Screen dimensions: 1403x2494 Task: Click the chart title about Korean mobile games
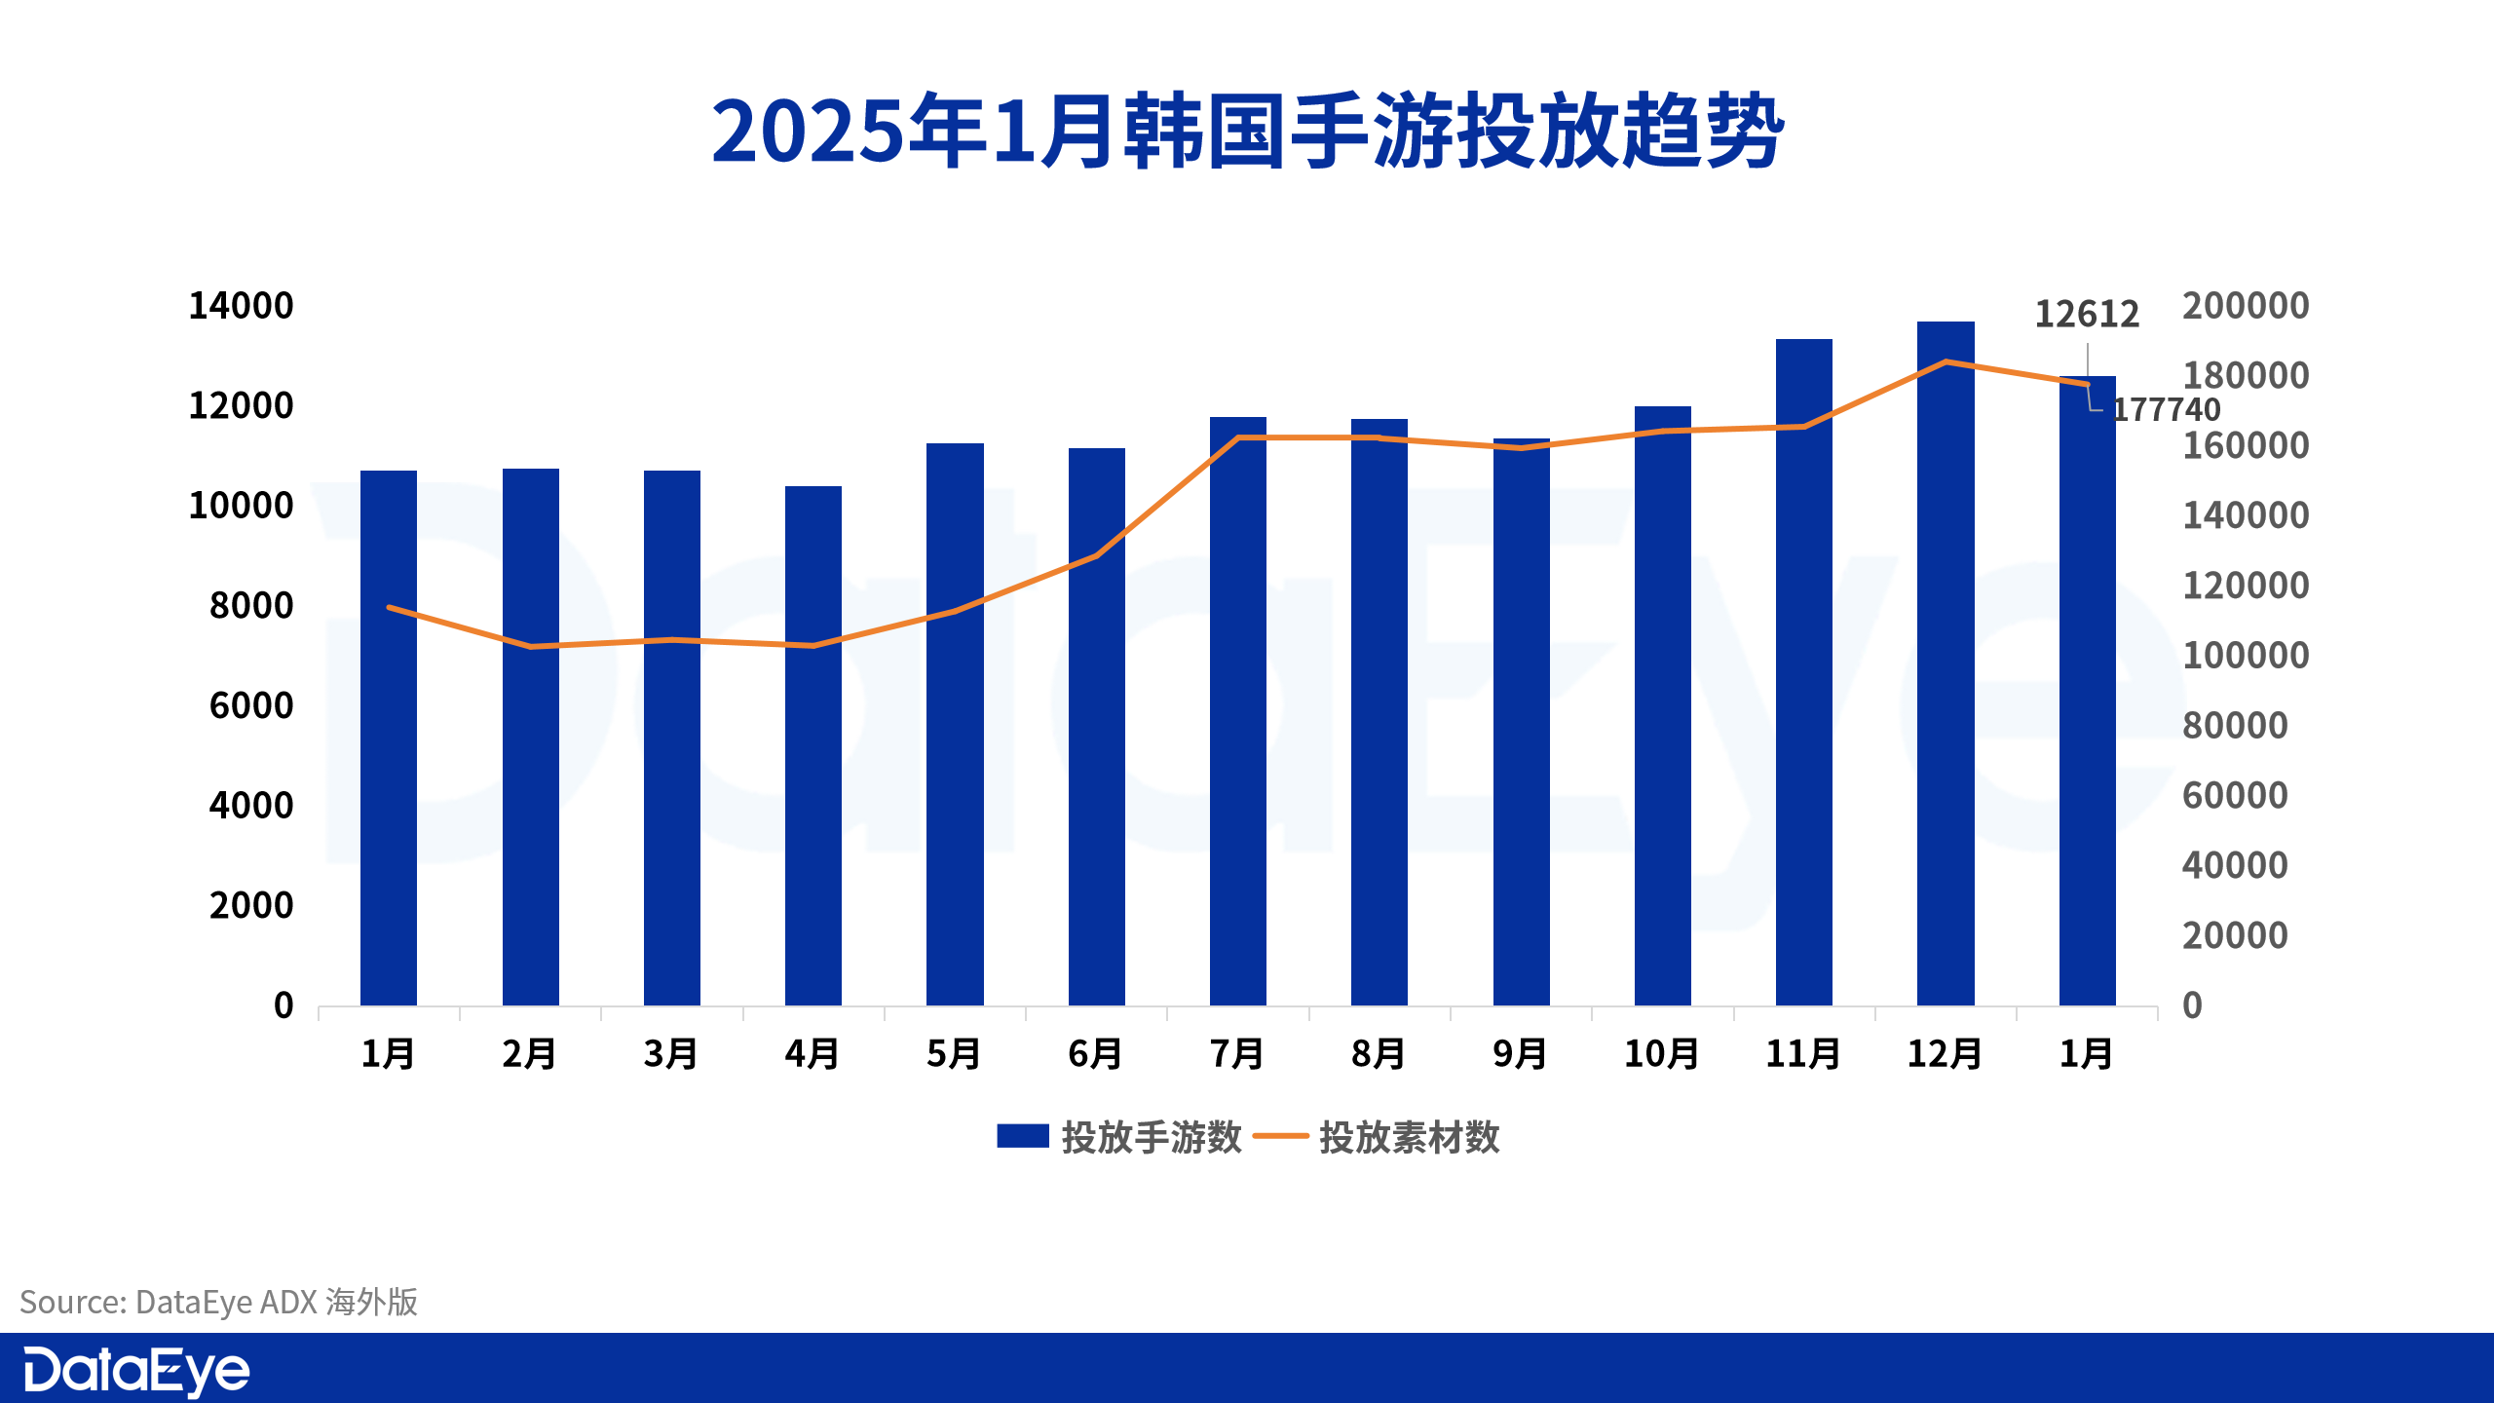point(1247,132)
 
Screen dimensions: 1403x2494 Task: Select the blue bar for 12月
point(1946,663)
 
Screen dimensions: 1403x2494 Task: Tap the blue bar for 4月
point(813,745)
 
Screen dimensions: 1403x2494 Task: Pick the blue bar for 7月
point(1237,711)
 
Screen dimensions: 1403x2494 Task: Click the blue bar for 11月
point(1803,672)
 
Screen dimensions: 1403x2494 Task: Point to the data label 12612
point(2086,314)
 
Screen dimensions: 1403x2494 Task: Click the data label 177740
point(2166,409)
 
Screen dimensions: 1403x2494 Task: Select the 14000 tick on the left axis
point(241,306)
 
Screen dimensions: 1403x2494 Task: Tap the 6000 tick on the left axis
point(251,705)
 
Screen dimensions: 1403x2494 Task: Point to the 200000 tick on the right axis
point(2245,306)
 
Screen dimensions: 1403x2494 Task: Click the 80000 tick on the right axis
point(2234,726)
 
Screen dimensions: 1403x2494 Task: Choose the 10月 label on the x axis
point(1661,1054)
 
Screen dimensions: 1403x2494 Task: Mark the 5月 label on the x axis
point(954,1054)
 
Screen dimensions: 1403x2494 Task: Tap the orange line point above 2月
point(531,646)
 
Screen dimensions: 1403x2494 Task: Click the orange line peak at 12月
point(1946,362)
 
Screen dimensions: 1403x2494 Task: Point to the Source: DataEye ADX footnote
point(218,1302)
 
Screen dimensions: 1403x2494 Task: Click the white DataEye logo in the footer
point(136,1371)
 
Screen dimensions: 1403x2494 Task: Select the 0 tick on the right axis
point(2192,1005)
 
